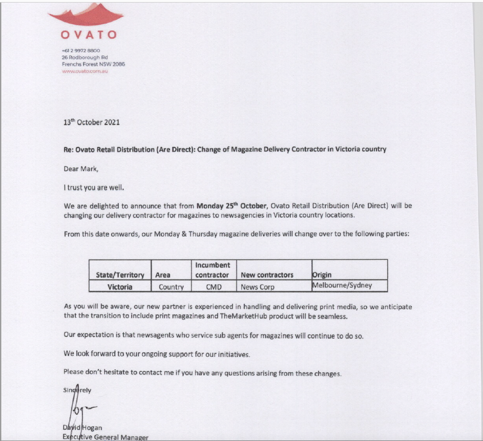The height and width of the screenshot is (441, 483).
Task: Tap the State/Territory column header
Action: [x=120, y=275]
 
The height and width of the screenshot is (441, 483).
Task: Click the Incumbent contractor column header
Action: [x=213, y=270]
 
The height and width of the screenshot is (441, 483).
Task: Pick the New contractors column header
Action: [x=267, y=275]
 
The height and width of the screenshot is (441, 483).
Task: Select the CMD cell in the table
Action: [x=213, y=287]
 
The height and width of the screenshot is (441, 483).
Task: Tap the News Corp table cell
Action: [x=258, y=287]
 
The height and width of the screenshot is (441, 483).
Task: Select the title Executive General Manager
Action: [x=106, y=437]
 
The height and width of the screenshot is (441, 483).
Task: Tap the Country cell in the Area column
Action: [x=171, y=287]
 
